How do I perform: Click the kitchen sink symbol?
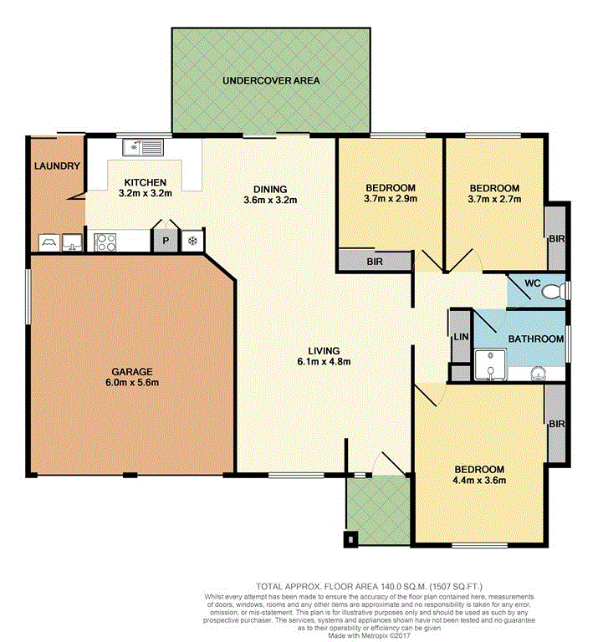click(142, 147)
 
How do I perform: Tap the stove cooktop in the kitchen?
click(105, 242)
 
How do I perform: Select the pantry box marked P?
click(166, 241)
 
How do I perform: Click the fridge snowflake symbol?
click(192, 241)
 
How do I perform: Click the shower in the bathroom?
click(491, 364)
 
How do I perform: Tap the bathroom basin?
click(539, 374)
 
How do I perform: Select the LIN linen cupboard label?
click(461, 337)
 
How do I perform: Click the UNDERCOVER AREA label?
click(271, 80)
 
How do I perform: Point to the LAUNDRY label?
click(57, 166)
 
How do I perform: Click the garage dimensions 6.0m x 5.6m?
click(132, 382)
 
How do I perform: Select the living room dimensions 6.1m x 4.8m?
click(324, 361)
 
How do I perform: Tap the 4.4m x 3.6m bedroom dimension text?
click(479, 480)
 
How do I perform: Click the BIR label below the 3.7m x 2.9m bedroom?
click(375, 261)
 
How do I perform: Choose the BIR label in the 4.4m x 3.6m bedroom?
click(557, 424)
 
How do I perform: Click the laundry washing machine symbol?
click(50, 242)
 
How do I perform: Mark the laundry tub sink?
click(73, 242)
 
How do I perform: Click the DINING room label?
click(270, 189)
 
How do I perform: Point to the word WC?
click(533, 283)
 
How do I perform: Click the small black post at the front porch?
click(350, 538)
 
